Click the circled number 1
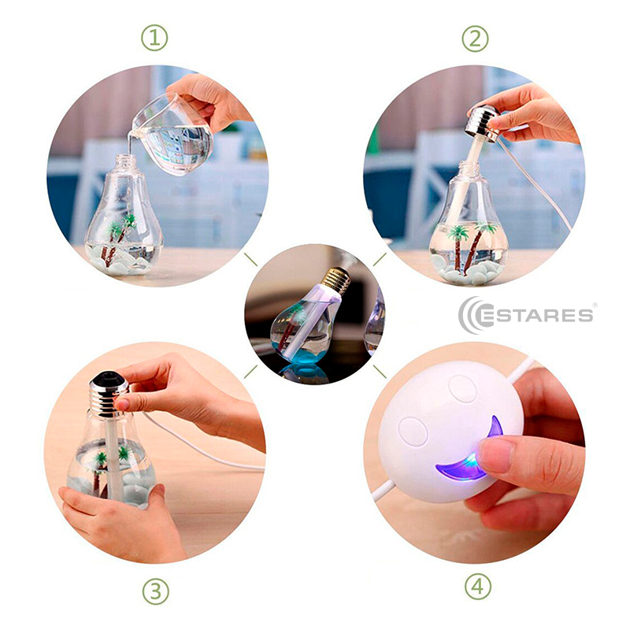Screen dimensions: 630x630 coord(154,38)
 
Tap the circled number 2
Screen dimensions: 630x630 coord(475,39)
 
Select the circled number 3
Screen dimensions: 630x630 coord(155,591)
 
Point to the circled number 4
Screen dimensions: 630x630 coord(478,587)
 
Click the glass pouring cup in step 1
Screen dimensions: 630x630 coord(172,135)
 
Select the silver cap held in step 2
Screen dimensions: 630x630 coord(482,123)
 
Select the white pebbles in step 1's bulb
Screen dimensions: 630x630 coord(120,261)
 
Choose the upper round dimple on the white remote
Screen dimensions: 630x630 coord(462,388)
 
